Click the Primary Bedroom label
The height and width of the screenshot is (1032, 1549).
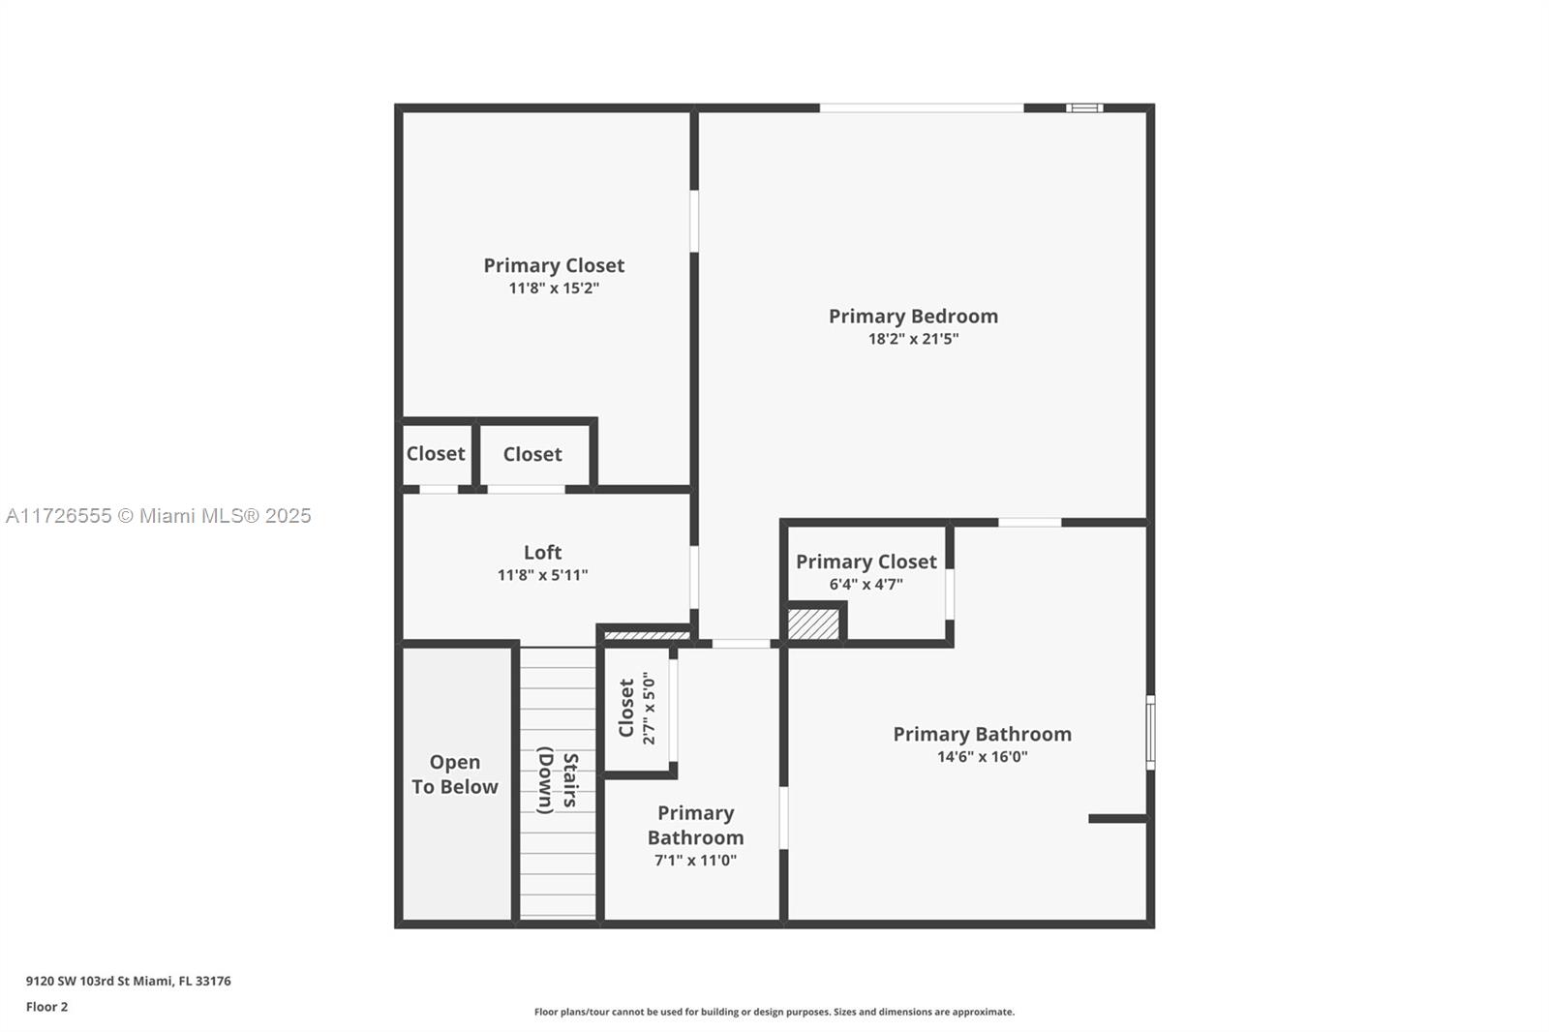[913, 317]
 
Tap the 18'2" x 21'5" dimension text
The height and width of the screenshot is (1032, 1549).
[913, 339]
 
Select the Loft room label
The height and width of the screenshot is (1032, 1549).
[542, 553]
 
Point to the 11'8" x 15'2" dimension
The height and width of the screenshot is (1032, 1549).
[554, 288]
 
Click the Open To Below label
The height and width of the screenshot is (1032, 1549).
[455, 774]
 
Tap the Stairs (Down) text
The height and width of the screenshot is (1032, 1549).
[558, 780]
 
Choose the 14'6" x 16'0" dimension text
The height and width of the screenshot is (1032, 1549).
[982, 757]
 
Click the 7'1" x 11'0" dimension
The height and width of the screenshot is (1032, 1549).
[695, 861]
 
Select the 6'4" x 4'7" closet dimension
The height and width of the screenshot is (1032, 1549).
[866, 585]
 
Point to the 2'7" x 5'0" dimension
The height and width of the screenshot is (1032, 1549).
[649, 709]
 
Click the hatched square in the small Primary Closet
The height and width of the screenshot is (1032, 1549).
[813, 623]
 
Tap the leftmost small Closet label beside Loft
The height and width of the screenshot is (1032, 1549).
[436, 454]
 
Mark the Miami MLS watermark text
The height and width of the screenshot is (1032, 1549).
[158, 516]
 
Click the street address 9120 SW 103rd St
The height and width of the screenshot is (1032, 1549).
[128, 981]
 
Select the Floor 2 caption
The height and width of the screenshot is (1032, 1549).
[46, 1007]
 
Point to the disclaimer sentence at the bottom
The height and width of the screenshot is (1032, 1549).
[774, 1012]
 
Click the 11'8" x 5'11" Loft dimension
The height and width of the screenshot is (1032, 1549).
[542, 575]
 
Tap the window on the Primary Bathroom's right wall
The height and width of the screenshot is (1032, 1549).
[1150, 732]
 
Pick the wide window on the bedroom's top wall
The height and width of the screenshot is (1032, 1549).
[922, 107]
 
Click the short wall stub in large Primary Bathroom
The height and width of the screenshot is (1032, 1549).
[1118, 819]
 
